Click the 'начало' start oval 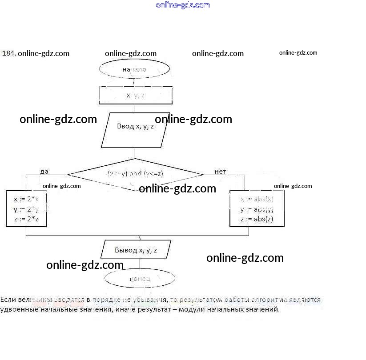[134, 69]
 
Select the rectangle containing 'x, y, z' [135, 95]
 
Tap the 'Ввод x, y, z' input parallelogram [135, 127]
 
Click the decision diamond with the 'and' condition [135, 174]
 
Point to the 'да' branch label [44, 172]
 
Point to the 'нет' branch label [220, 172]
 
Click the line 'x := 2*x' [26, 199]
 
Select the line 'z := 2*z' [26, 219]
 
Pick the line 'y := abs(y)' [257, 209]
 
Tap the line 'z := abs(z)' [257, 219]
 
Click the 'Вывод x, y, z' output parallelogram [136, 250]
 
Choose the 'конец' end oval [140, 279]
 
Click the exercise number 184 [9, 53]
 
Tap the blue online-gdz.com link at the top [183, 5]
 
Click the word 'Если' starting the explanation [8, 300]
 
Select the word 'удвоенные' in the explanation [17, 309]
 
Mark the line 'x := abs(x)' [257, 199]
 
